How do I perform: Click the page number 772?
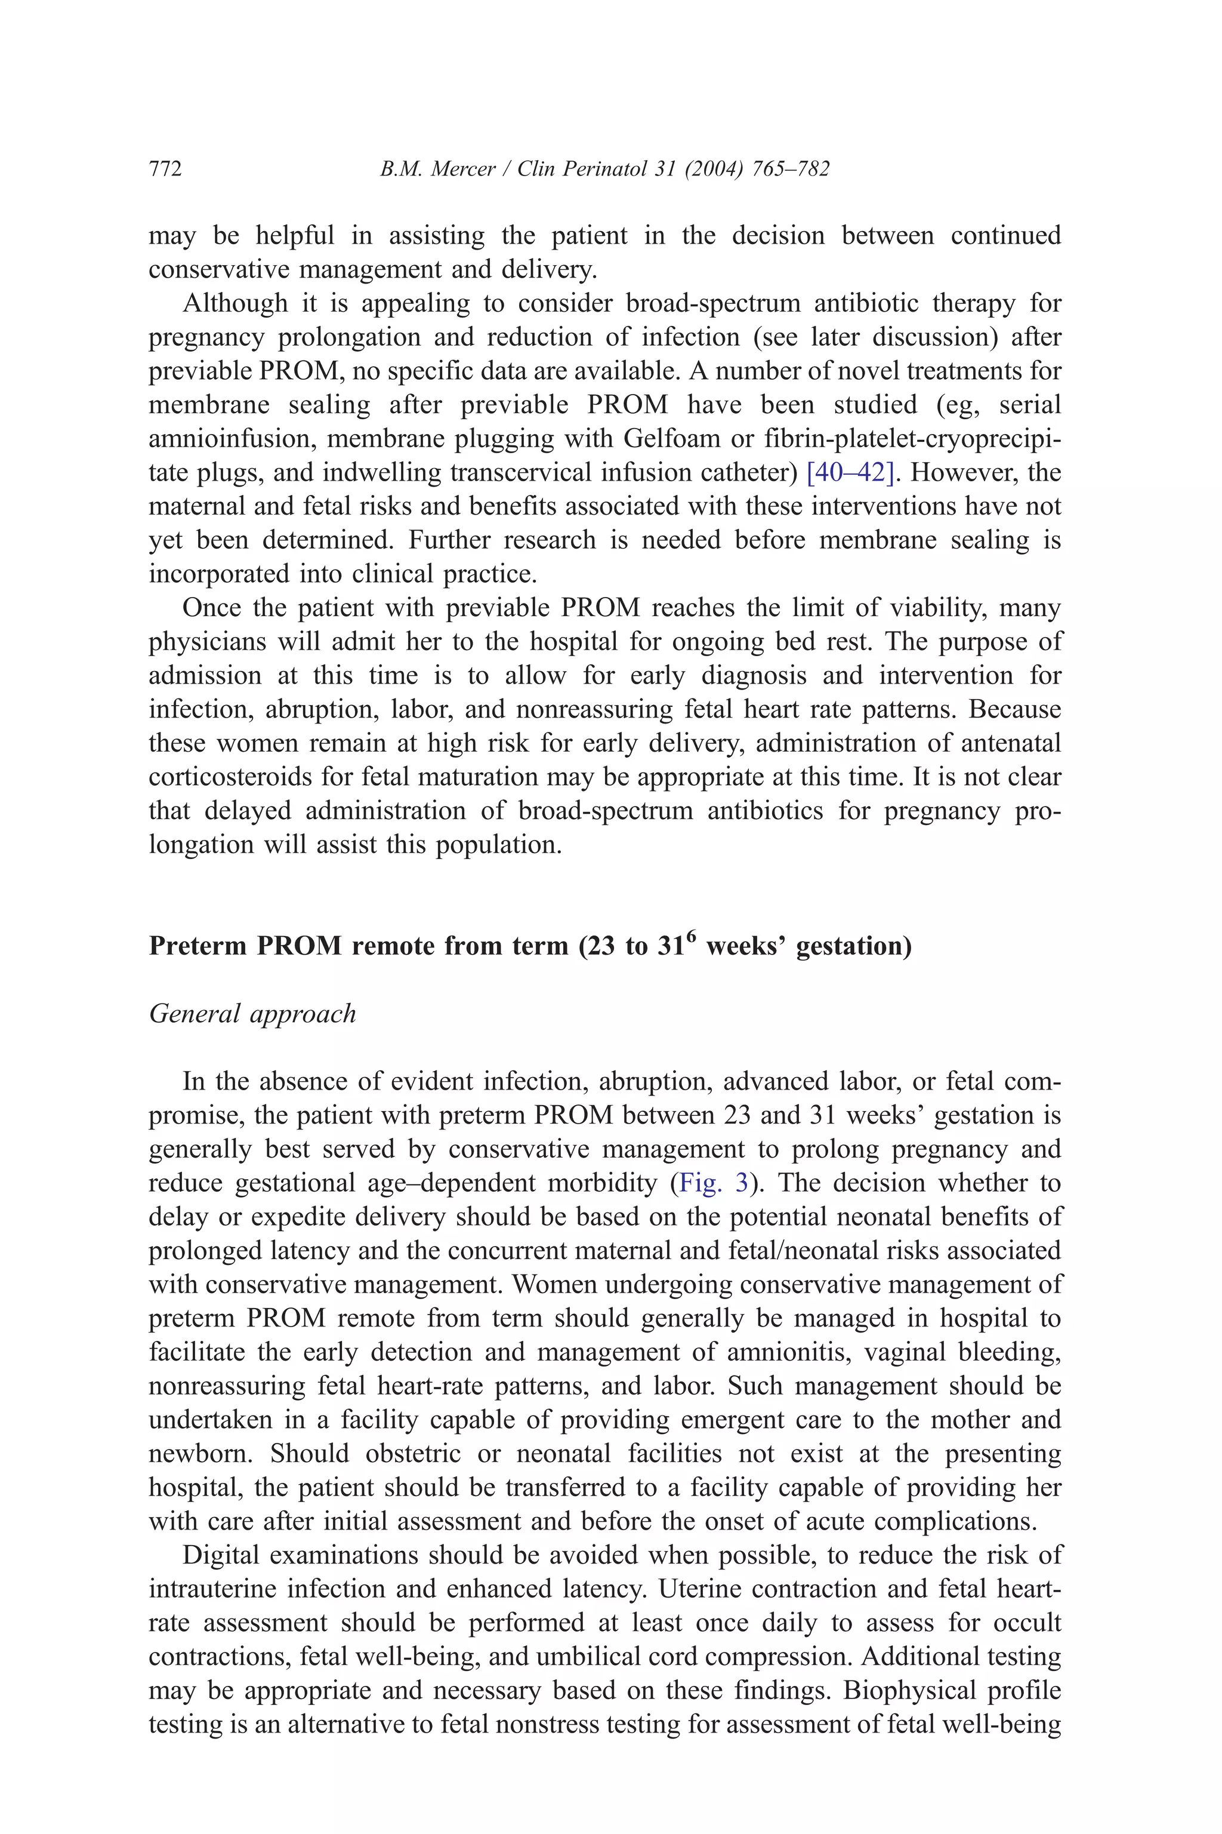coord(165,169)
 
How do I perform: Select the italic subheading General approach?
coord(252,1014)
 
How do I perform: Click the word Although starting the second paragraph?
coord(234,303)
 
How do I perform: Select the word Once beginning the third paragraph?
coord(211,608)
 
